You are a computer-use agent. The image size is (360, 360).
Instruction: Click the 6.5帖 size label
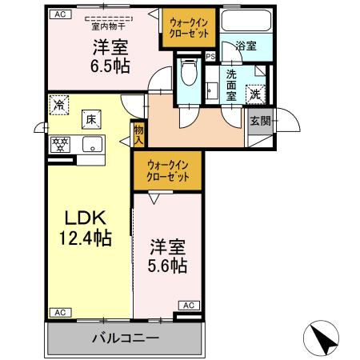[107, 64]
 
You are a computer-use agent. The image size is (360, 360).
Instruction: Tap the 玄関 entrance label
[260, 121]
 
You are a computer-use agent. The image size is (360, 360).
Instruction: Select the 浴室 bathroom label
[246, 46]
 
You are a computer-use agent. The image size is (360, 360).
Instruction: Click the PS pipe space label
[210, 57]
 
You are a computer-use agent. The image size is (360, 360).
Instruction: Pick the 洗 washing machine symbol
[254, 93]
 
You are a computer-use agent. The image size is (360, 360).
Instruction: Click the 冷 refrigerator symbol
[58, 103]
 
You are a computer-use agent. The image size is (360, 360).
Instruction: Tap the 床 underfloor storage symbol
[92, 119]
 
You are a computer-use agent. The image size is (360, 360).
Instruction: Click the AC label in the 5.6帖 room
[189, 305]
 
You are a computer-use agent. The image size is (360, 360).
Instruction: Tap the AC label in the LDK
[58, 312]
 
